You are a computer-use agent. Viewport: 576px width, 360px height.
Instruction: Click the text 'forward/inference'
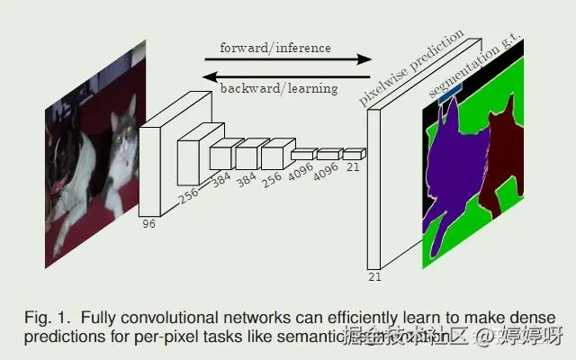[x=274, y=47]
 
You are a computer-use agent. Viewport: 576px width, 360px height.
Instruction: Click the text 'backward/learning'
[x=279, y=88]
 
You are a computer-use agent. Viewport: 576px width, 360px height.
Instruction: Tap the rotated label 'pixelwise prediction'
[x=411, y=67]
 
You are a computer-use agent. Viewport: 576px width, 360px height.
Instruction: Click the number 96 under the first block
[x=148, y=224]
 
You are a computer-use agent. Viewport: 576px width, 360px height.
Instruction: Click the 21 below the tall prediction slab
[x=374, y=276]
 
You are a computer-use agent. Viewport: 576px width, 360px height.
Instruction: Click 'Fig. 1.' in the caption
[x=46, y=317]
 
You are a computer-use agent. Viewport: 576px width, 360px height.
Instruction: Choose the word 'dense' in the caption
[x=537, y=317]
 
